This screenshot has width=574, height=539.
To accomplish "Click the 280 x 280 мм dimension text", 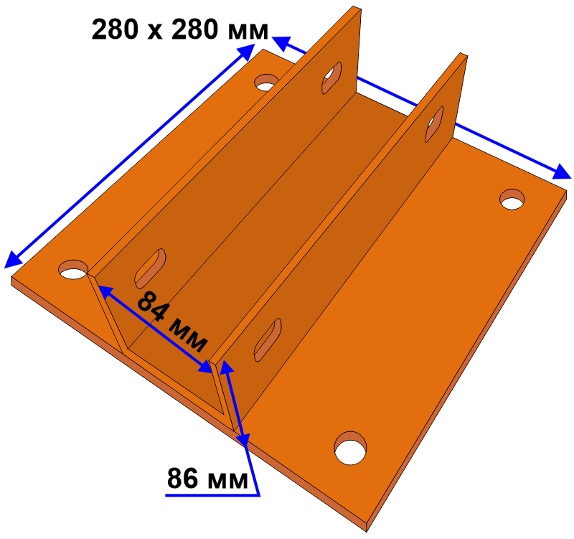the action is pos(180,29).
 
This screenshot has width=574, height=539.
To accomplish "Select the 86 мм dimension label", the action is pos(207,478).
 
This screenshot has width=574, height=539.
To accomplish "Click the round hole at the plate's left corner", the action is pos(73,270).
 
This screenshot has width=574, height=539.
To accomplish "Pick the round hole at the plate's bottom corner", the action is pos(350,448).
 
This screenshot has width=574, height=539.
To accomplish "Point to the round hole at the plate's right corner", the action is pos(512,200).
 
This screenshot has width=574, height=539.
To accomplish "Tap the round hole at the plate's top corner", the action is pos(266,83).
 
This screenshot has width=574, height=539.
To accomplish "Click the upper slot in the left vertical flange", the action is pos(331,78).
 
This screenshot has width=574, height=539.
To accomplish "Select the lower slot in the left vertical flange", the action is pos(150,268).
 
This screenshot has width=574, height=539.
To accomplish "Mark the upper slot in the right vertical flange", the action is pos(434,124).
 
